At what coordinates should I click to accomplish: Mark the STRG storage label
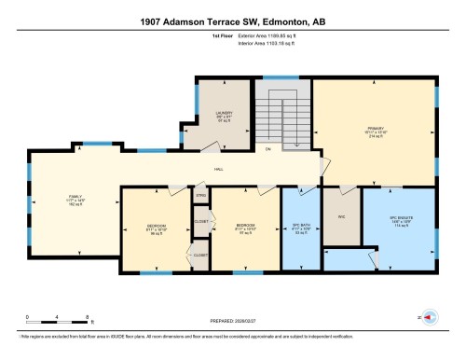pos(199,196)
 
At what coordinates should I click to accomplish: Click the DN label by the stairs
pos(267,149)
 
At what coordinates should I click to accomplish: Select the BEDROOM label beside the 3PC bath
pos(245,228)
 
